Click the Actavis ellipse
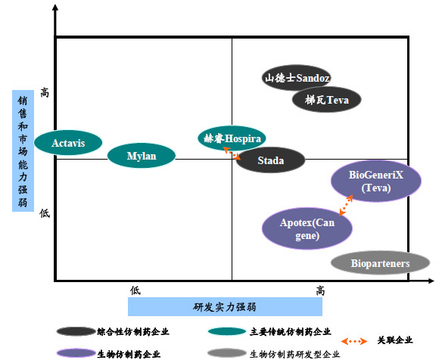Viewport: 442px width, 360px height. point(68,142)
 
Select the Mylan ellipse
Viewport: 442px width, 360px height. point(142,156)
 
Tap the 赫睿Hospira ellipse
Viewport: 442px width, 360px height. point(232,138)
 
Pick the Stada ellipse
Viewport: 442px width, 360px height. point(271,160)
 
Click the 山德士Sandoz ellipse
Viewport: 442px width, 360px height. point(297,77)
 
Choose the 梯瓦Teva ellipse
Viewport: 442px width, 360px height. point(327,99)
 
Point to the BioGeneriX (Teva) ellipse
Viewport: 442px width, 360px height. point(376,181)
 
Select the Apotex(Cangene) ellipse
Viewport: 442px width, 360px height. point(307,228)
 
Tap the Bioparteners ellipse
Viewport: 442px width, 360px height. point(380,263)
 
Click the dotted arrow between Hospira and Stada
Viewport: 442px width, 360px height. point(232,154)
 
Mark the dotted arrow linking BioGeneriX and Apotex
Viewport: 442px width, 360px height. point(346,205)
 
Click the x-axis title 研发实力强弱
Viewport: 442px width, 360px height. point(225,307)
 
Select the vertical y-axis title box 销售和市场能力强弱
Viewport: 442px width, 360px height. point(23,151)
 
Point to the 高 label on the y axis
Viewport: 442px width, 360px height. point(45,92)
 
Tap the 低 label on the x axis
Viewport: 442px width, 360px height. point(135,290)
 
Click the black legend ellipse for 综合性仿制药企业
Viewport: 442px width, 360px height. point(76,331)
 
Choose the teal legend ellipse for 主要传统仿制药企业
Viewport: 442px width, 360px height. point(227,331)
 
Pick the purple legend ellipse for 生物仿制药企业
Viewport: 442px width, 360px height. point(76,353)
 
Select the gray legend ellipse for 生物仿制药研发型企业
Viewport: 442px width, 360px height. point(227,353)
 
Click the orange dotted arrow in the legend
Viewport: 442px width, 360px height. point(354,341)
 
